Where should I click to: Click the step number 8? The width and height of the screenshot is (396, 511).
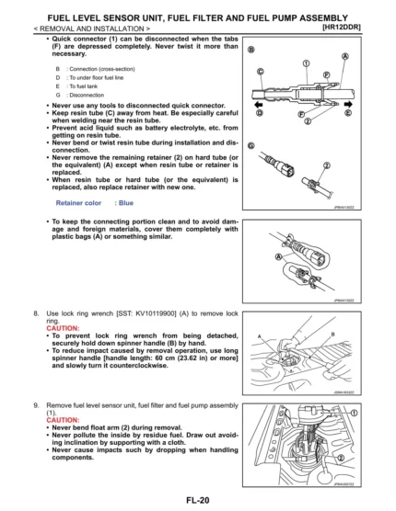(x=38, y=314)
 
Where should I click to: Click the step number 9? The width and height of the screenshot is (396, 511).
(x=38, y=404)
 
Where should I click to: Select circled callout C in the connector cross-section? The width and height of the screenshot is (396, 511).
(x=261, y=71)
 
